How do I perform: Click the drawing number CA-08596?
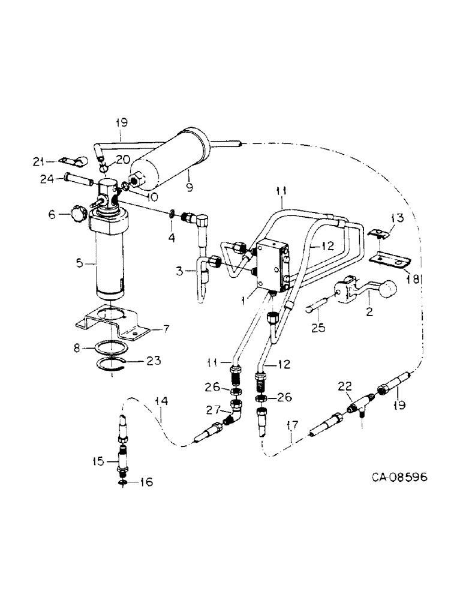point(399,478)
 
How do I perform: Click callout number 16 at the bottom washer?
point(146,482)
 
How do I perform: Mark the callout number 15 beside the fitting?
point(98,461)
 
